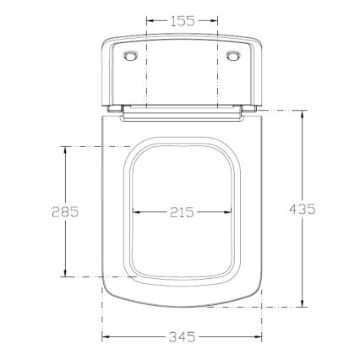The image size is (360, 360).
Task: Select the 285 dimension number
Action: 64,211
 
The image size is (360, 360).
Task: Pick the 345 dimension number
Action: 179,337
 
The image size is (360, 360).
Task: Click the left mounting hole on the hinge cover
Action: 129,56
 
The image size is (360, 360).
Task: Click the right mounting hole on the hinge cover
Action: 235,56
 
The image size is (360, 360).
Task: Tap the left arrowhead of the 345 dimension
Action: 105,337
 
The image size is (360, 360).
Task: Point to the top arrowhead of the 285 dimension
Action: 64,149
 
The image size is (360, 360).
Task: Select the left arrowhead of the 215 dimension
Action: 135,212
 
